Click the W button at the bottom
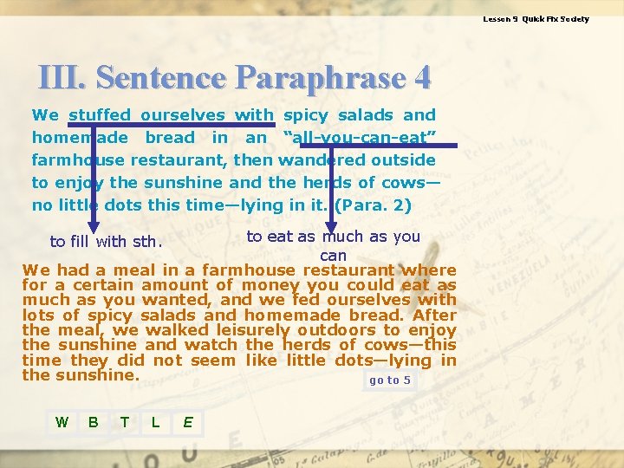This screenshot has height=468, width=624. (x=62, y=422)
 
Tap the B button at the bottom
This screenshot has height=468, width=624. (x=93, y=422)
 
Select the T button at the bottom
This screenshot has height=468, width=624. (x=125, y=422)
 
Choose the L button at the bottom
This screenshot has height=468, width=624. (x=155, y=422)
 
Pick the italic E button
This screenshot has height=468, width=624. (x=187, y=422)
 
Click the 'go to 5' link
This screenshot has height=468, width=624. (x=390, y=380)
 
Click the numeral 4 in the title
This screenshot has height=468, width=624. (x=422, y=78)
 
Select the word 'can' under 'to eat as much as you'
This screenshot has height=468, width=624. (x=333, y=256)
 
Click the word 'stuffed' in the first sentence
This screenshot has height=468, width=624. (x=100, y=114)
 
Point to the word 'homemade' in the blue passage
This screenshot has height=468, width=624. (x=80, y=137)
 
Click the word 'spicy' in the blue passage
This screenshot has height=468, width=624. (x=306, y=114)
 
